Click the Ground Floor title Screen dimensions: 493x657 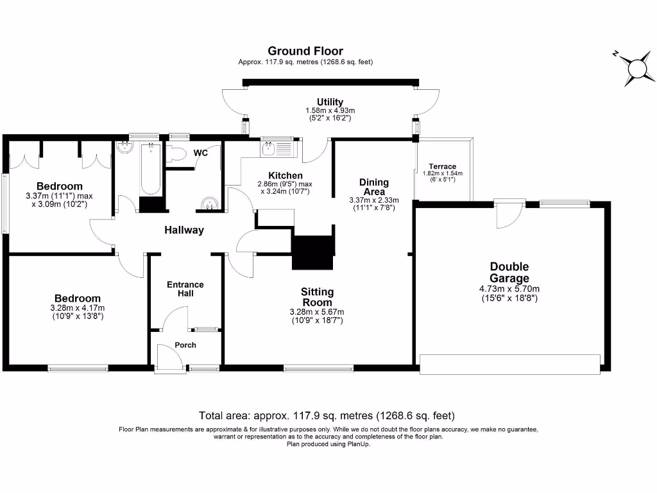[305, 51]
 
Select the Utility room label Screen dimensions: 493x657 [330, 102]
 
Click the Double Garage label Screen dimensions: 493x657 [509, 272]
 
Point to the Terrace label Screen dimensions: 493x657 [443, 166]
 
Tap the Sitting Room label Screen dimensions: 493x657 [317, 297]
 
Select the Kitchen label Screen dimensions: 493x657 [286, 175]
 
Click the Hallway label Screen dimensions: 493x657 [184, 230]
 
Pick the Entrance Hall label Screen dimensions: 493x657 [185, 289]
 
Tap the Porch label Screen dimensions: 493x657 [185, 345]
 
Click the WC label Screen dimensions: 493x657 [200, 153]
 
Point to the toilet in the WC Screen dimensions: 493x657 [177, 153]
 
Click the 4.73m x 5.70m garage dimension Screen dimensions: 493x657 [509, 288]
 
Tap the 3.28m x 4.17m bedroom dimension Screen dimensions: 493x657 [77, 307]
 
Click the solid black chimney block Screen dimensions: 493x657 [313, 252]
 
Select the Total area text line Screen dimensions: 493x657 [327, 415]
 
